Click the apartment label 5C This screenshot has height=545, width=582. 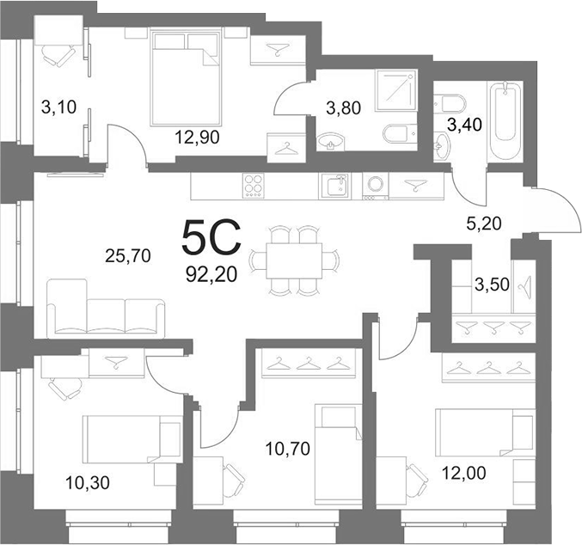tap(211, 237)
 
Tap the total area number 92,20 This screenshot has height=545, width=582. tap(211, 275)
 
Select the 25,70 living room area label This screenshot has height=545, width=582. tap(128, 256)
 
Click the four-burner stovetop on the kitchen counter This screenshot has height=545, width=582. tap(254, 186)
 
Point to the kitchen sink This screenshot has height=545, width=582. tap(334, 186)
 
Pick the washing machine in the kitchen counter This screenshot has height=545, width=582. tap(376, 187)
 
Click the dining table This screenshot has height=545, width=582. tap(294, 261)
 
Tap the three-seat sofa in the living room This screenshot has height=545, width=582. tap(106, 309)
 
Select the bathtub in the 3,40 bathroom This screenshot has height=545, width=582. tap(505, 120)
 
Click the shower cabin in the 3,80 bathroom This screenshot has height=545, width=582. tap(396, 90)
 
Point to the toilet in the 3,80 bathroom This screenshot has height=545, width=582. tap(400, 134)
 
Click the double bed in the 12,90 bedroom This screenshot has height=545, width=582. tap(185, 77)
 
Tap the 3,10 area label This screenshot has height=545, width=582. tap(58, 107)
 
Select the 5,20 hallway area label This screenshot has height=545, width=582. tap(484, 224)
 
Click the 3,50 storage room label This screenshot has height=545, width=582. tap(492, 285)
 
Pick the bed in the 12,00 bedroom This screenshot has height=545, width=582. tap(486, 432)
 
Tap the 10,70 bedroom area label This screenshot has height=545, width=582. tap(288, 449)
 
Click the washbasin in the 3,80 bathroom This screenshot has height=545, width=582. tap(331, 142)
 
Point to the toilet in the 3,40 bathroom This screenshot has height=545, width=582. tap(450, 104)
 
